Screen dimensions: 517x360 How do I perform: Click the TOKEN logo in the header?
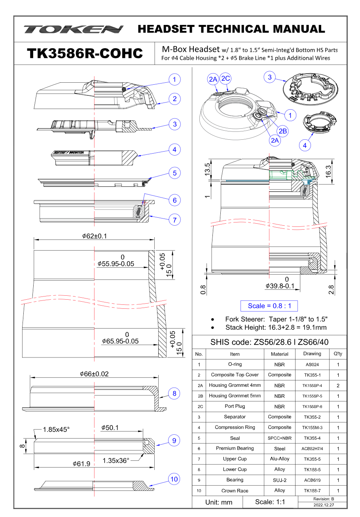pyautogui.click(x=74, y=29)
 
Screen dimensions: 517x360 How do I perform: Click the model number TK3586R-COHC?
pyautogui.click(x=85, y=53)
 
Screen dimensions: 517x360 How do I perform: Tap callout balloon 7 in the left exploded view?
pyautogui.click(x=174, y=219)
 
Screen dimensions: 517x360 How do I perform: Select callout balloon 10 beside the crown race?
pyautogui.click(x=174, y=479)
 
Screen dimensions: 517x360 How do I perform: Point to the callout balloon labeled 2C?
pyautogui.click(x=225, y=78)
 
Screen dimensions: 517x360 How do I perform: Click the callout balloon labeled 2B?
pyautogui.click(x=282, y=131)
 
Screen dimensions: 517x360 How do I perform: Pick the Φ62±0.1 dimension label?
pyautogui.click(x=95, y=236)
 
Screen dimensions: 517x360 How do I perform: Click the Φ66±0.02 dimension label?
pyautogui.click(x=94, y=374)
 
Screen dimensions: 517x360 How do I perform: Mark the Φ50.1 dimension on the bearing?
pyautogui.click(x=110, y=428)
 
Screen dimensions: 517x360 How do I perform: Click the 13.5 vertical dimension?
pyautogui.click(x=207, y=168)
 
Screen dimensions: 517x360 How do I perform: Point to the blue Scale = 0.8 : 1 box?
pyautogui.click(x=269, y=306)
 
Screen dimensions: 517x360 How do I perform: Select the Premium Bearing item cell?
pyautogui.click(x=235, y=448)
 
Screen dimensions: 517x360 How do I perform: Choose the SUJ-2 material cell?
pyautogui.click(x=279, y=480)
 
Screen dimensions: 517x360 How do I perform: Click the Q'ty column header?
pyautogui.click(x=338, y=354)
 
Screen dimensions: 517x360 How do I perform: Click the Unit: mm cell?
pyautogui.click(x=218, y=502)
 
